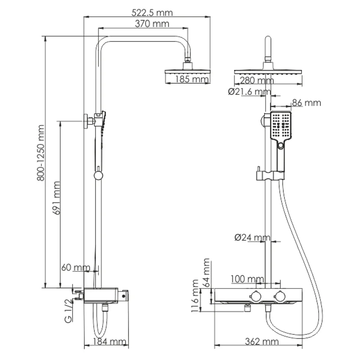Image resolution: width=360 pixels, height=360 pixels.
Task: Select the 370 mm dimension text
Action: [x=152, y=23]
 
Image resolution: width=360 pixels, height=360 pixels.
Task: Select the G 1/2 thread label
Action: [x=68, y=311]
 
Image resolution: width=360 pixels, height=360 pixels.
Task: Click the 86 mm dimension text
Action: [x=306, y=103]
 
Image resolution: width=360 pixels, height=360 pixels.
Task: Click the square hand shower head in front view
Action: [x=281, y=126]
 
